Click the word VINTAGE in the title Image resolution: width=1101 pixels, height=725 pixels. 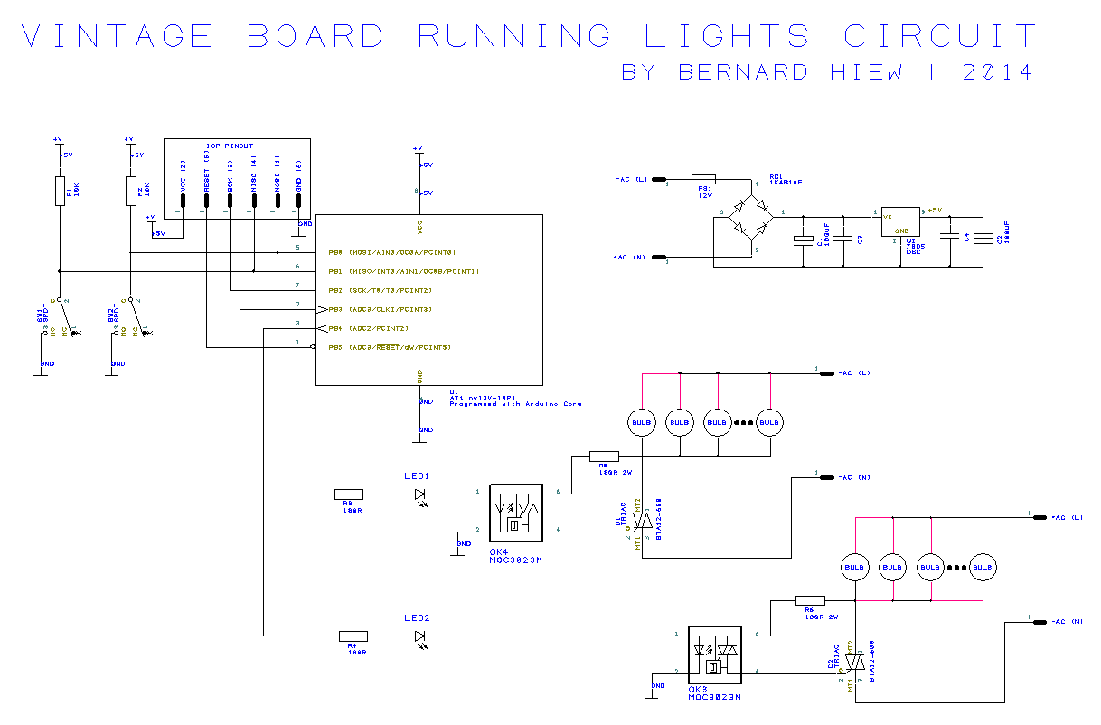click(117, 36)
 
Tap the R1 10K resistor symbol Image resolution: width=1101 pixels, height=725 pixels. click(59, 192)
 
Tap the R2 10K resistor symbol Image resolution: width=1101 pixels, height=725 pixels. click(130, 192)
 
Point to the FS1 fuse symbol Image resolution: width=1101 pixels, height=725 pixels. click(703, 179)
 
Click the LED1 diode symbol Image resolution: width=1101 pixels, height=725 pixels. click(420, 494)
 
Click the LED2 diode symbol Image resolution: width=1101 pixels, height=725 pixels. click(420, 636)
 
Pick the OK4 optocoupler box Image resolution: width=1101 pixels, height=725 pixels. click(515, 512)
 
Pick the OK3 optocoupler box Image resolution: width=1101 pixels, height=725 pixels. click(714, 654)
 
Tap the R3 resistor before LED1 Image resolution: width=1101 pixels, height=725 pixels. click(349, 494)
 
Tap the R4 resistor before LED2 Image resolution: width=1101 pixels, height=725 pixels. click(353, 636)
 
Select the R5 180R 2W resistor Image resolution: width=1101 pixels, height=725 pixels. click(604, 457)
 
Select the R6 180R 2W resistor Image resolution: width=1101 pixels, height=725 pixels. click(810, 599)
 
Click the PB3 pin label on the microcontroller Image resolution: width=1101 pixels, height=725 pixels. click(335, 310)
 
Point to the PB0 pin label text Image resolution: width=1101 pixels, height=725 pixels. click(335, 252)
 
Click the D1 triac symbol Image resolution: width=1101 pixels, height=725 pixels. click(641, 521)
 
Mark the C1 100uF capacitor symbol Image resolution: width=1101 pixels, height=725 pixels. click(803, 240)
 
